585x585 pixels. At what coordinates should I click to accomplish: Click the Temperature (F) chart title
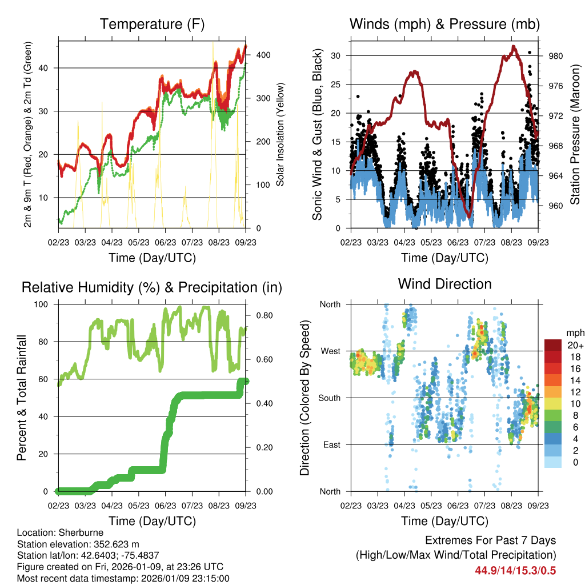152,24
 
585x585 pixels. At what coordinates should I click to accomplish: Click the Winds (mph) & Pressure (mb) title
444,24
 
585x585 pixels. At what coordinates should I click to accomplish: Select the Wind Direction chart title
444,283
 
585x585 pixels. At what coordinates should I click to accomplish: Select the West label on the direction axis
330,351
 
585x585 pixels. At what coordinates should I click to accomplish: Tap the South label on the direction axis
329,398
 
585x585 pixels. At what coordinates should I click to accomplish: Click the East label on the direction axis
331,444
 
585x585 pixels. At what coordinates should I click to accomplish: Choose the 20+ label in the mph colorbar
574,345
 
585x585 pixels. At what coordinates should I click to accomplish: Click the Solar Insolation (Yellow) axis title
281,135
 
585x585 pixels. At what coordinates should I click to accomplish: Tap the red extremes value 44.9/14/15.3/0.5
515,571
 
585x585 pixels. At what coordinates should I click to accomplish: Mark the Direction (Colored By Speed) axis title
304,398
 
